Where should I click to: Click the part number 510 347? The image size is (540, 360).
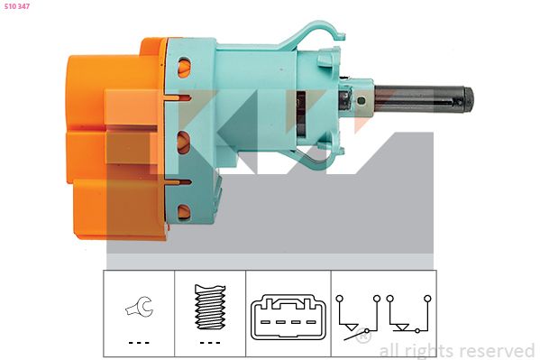coord(17,6)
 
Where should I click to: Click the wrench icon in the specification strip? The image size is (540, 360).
coord(139,306)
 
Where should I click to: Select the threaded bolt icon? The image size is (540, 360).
coord(210,307)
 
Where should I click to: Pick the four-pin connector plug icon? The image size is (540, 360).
coord(288,317)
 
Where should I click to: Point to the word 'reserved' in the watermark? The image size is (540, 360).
coord(498,351)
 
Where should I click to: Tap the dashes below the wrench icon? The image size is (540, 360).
coord(139,343)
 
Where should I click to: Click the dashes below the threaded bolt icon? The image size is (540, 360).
coord(210,343)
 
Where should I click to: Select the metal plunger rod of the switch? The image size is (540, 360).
coord(418,98)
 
